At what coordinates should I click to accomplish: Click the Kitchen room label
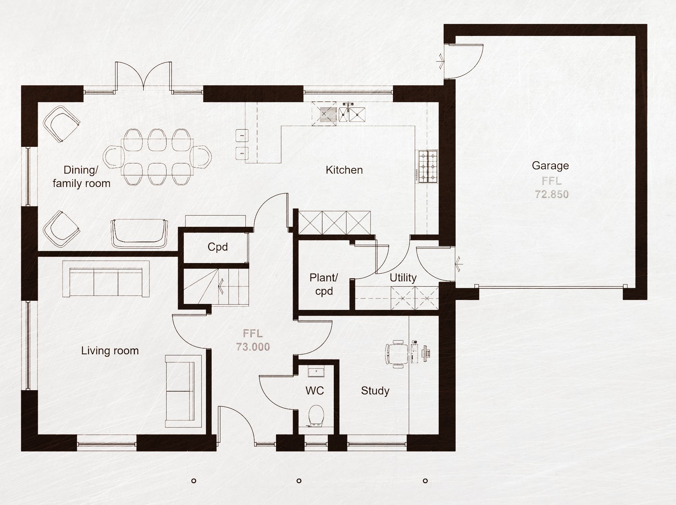[x=344, y=170]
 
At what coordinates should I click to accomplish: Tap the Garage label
[x=550, y=166]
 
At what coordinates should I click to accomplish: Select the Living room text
[x=110, y=351]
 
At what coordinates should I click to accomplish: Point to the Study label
[x=375, y=391]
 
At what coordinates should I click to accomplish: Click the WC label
[x=314, y=391]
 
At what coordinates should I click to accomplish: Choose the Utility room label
[x=403, y=278]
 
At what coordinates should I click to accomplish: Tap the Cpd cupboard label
[x=218, y=247]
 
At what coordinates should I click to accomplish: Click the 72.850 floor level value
[x=552, y=194]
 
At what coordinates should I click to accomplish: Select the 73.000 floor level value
[x=253, y=347]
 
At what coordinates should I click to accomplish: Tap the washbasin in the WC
[x=316, y=372]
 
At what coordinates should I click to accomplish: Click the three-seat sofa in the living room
[x=106, y=279]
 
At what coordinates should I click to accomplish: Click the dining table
[x=157, y=157]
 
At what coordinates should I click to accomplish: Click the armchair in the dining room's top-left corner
[x=61, y=124]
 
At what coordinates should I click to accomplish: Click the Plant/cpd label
[x=324, y=285]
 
